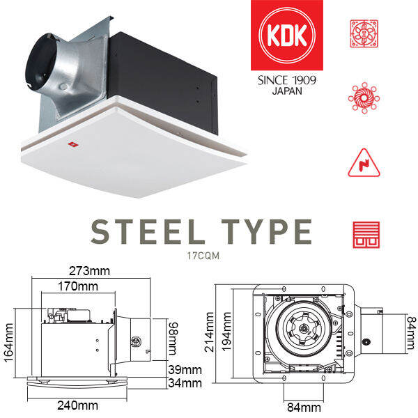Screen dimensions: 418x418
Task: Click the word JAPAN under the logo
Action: coord(287,91)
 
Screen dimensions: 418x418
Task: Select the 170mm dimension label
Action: coord(77,286)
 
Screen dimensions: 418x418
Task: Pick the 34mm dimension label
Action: coord(186,382)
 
